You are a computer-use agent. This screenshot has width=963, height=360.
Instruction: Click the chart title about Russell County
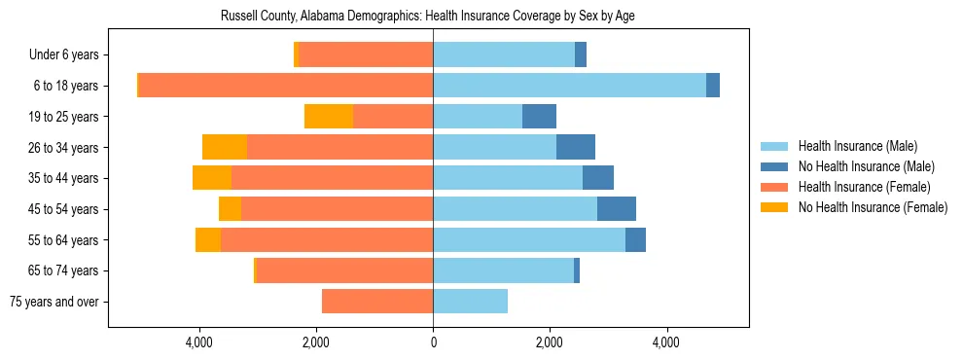pos(428,17)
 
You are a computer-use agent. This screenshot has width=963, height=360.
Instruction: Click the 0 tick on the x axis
pos(433,342)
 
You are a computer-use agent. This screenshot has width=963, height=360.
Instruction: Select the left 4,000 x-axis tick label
pos(199,342)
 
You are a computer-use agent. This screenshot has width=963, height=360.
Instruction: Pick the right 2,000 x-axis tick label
pos(550,342)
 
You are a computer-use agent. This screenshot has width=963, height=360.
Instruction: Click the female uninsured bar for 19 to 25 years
pos(329,117)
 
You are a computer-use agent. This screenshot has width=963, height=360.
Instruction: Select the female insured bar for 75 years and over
pos(377,302)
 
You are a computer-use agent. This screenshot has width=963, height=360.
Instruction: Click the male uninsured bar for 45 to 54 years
pos(617,209)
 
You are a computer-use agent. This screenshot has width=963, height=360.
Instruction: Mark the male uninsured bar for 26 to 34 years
pos(576,147)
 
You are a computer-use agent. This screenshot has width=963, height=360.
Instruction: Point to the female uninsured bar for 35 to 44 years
pos(212,178)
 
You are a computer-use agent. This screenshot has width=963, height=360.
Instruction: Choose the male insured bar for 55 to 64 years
pos(529,240)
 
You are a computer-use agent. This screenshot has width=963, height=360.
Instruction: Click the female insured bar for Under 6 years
pos(366,55)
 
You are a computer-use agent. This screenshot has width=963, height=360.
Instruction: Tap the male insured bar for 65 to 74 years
pos(503,270)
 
